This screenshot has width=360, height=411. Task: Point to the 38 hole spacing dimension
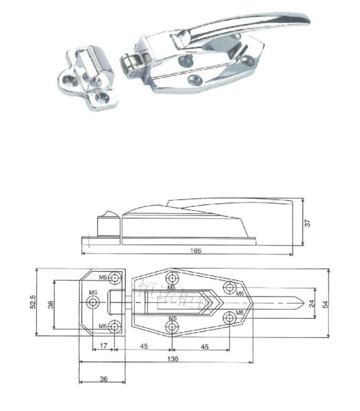coord(50,304)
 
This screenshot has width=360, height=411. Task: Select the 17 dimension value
coord(104,345)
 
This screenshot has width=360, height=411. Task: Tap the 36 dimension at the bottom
coord(104,379)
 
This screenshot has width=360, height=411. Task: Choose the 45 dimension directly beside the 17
coord(144,345)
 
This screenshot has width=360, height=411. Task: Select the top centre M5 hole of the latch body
coord(172,278)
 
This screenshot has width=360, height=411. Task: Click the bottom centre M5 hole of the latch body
coord(172,326)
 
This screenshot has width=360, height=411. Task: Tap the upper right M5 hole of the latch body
coord(229,287)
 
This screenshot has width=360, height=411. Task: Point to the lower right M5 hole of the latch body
coord(229,317)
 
